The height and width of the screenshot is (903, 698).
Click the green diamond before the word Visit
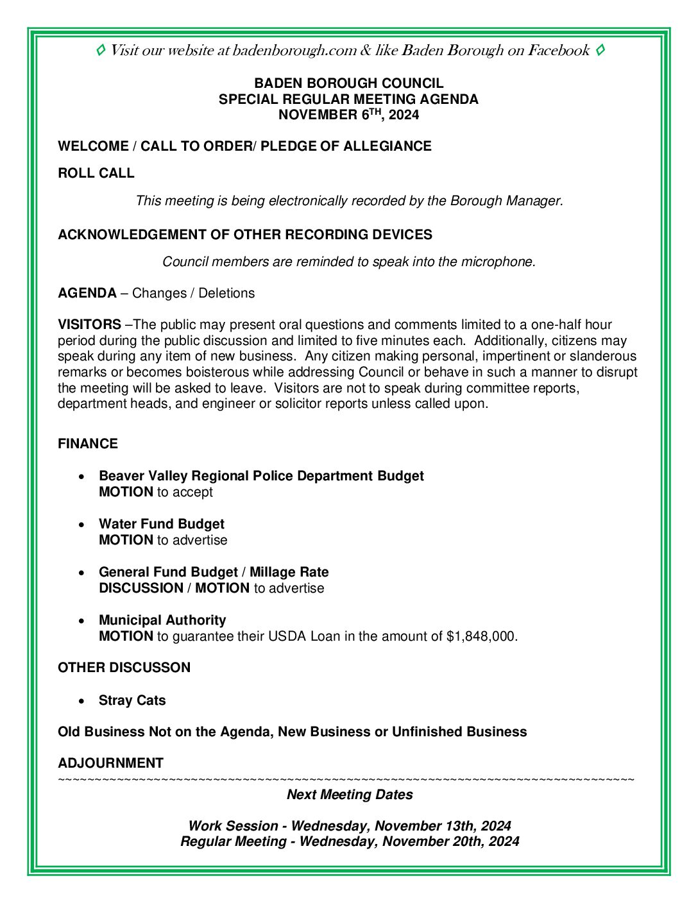(x=101, y=50)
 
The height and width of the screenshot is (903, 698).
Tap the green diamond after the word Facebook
(x=600, y=50)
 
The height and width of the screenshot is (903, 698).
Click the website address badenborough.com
(x=294, y=51)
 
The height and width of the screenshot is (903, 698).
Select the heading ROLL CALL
(x=96, y=173)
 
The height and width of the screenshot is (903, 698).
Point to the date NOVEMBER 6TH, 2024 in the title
(x=348, y=115)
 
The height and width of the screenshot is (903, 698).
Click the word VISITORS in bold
(x=89, y=325)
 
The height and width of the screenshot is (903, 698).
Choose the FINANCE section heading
(x=88, y=444)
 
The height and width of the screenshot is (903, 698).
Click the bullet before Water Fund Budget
(x=81, y=525)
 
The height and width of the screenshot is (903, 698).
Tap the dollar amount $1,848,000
(x=481, y=636)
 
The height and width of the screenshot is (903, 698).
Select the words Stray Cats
(x=132, y=700)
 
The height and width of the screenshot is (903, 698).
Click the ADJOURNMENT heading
(x=110, y=763)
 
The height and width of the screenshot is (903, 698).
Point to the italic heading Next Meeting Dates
(x=350, y=795)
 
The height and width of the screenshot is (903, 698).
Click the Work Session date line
(x=350, y=826)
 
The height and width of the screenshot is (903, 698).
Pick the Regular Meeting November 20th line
(x=350, y=841)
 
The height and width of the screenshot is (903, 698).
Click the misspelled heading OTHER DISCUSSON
(x=124, y=668)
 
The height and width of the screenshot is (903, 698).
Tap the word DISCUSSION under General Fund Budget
(x=141, y=588)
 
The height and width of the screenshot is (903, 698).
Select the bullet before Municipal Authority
(x=81, y=621)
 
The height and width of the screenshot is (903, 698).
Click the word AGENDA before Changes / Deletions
(x=87, y=293)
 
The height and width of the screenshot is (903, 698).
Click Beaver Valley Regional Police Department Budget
(x=261, y=476)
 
